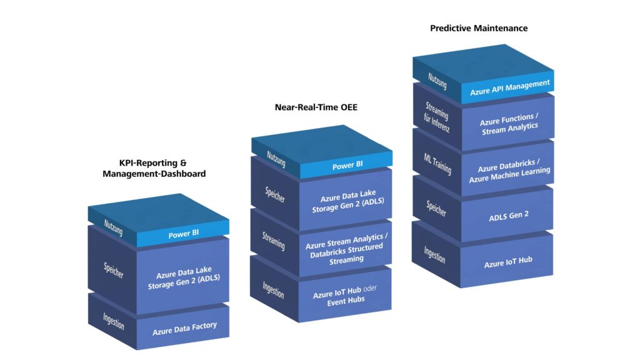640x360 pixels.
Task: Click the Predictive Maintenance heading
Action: (x=479, y=28)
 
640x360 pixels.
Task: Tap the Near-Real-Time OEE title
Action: (x=316, y=107)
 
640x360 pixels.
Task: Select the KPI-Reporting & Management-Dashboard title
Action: (x=154, y=168)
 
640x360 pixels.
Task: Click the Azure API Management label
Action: (x=510, y=87)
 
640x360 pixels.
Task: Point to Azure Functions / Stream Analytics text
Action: (x=509, y=124)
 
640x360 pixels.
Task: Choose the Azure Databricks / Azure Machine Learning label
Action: (x=509, y=171)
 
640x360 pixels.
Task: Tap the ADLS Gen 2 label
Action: (x=509, y=216)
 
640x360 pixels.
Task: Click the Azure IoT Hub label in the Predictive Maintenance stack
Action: (x=508, y=262)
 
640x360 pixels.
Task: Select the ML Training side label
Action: (x=437, y=164)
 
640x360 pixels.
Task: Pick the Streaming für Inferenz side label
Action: (x=437, y=117)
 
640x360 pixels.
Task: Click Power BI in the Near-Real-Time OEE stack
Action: (x=347, y=165)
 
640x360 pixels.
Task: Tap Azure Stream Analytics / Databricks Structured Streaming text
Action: (x=346, y=249)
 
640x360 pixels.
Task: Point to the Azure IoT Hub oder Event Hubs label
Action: (x=345, y=296)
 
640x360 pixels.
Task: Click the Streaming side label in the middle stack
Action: (x=274, y=241)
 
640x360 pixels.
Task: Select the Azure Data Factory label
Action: (x=184, y=328)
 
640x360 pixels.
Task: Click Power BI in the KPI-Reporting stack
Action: (x=184, y=234)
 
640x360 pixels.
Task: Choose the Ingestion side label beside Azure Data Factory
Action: (x=114, y=321)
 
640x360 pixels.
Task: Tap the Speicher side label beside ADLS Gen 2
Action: (x=436, y=209)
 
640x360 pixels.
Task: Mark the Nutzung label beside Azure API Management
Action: (x=437, y=81)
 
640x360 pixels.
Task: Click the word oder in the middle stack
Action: (x=370, y=288)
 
